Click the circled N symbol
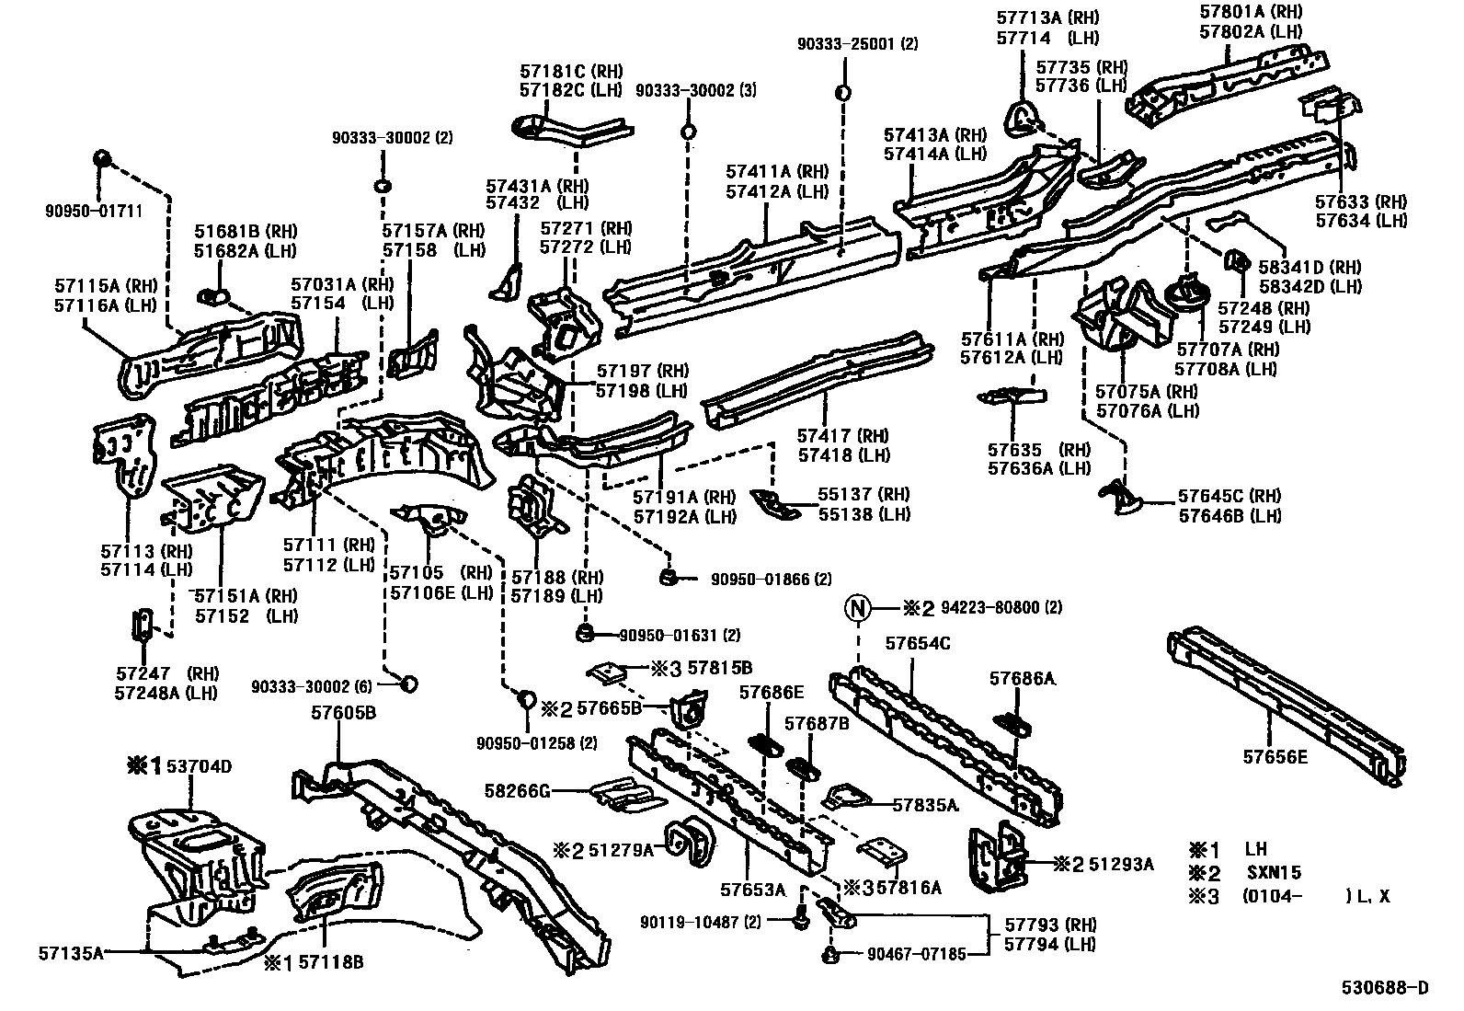pos(858,608)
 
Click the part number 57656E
pos(1275,756)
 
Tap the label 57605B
pos(342,712)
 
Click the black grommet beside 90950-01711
pos(103,160)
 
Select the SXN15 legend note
pos(1274,873)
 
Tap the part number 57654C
pos(918,643)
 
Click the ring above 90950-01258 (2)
pos(528,700)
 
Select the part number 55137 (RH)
pos(864,495)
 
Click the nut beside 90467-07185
pos(830,954)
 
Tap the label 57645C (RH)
pos(1230,497)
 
